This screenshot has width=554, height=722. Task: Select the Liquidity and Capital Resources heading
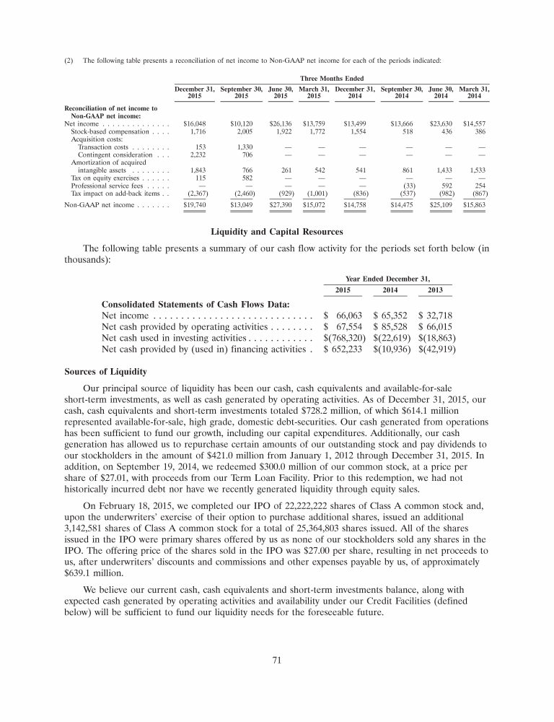coord(276,232)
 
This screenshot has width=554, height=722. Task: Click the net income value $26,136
coord(278,123)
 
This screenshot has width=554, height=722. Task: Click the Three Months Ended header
coord(331,78)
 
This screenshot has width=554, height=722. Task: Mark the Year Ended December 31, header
coord(388,278)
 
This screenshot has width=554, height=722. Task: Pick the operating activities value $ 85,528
coord(390,326)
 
